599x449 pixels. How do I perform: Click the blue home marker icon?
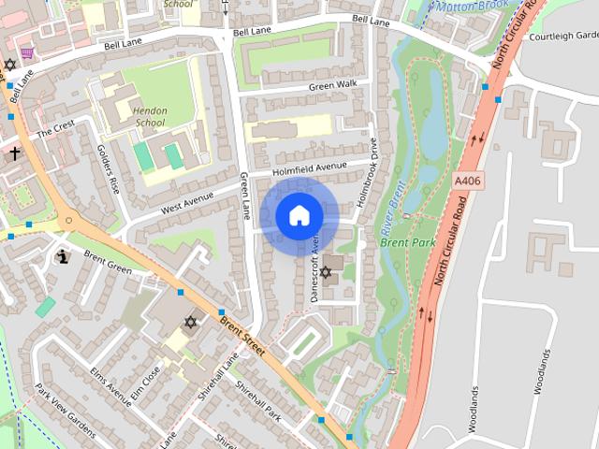coord(299,216)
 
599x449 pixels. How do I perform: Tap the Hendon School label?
coord(150,116)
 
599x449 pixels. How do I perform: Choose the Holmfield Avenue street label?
coord(309,169)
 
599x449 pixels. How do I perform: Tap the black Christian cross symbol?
coord(15,152)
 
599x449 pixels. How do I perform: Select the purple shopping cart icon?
coord(28,52)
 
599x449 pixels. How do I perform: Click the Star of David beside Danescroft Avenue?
coord(326,272)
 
